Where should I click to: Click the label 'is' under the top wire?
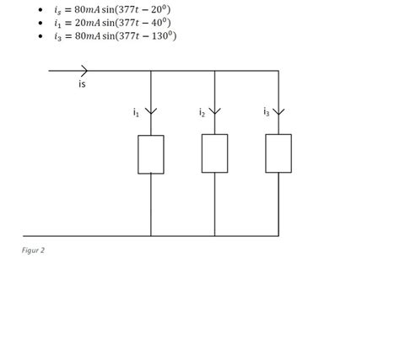point(82,83)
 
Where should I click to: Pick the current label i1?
point(136,112)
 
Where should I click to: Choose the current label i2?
point(202,112)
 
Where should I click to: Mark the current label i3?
point(266,111)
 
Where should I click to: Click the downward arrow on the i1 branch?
point(151,111)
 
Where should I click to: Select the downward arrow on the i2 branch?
point(214,111)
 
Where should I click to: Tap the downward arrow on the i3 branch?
point(278,111)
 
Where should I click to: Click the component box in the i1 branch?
point(151,154)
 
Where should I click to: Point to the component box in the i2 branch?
point(214,153)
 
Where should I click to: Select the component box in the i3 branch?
point(278,153)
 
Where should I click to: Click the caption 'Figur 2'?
point(33,250)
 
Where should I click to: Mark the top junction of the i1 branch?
point(151,71)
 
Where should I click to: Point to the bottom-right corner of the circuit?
point(278,235)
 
